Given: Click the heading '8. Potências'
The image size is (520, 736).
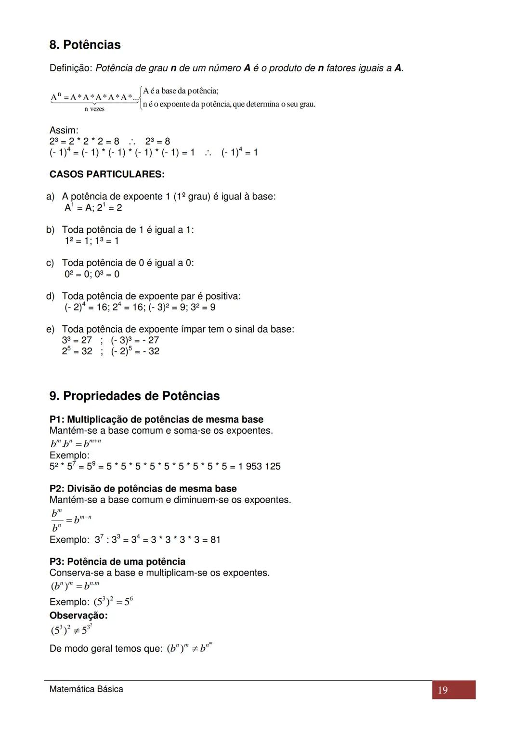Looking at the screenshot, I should pos(85,45).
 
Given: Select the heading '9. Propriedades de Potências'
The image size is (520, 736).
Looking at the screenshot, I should pos(134,396).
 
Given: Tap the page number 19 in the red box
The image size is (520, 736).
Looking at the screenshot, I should pos(443,690).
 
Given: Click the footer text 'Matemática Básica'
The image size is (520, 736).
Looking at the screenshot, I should pos(86,689).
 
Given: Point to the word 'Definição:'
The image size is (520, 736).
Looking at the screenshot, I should pos(71,68).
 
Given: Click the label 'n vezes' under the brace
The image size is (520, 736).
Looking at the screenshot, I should pos(94,109).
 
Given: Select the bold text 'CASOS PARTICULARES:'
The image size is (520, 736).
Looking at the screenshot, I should pos(107,174).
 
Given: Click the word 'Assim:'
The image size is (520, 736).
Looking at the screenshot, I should pos(64,130).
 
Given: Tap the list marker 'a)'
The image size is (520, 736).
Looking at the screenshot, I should pos(50,197).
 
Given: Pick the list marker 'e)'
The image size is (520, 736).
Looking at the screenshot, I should pos(50,329).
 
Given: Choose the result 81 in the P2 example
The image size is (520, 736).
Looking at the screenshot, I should pos(215,539).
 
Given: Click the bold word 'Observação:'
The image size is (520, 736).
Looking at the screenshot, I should pos(78,616).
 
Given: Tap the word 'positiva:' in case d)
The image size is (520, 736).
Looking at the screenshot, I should pos(223,296).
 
